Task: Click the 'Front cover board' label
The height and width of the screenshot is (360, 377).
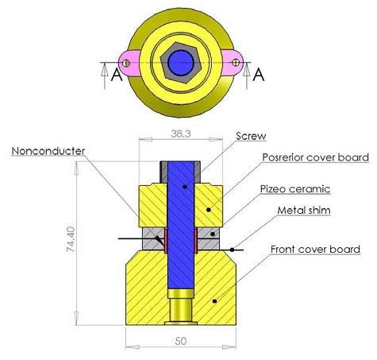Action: (x=315, y=250)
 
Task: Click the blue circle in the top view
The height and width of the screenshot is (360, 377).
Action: (x=183, y=62)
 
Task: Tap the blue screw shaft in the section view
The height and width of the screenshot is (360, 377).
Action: (x=182, y=230)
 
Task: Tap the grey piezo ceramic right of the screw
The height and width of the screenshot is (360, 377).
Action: (x=209, y=238)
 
